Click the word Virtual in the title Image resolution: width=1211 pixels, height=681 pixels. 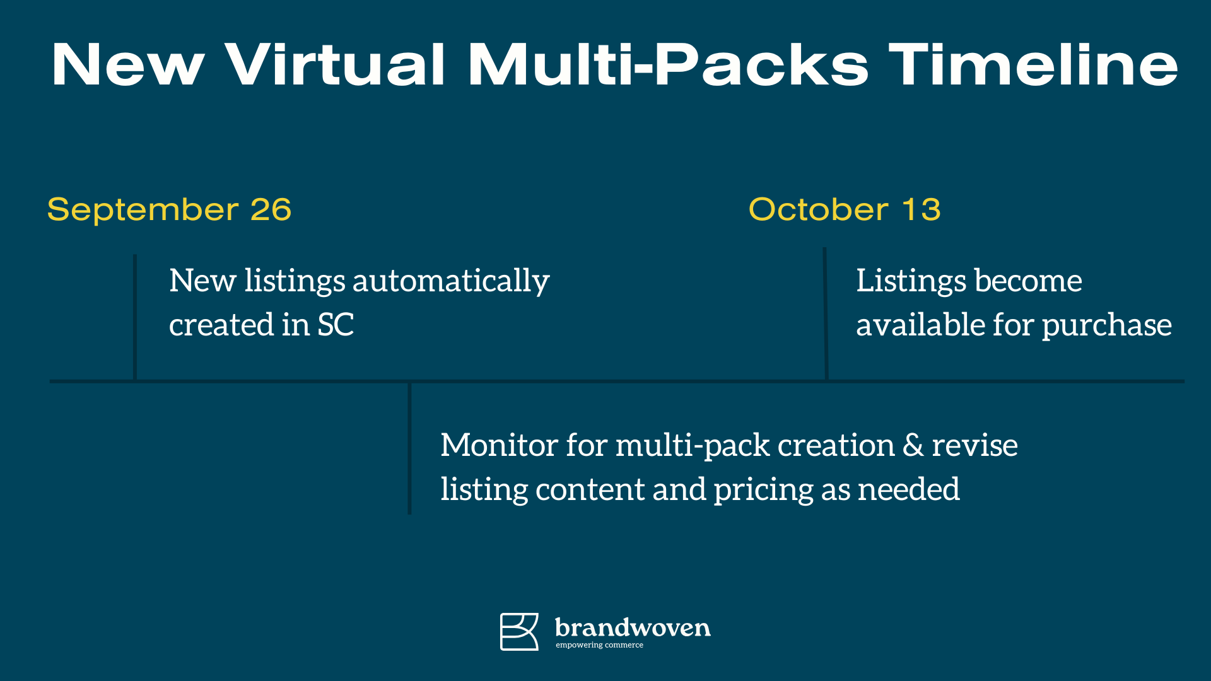tap(336, 64)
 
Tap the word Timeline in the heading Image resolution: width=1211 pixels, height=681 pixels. tap(1033, 64)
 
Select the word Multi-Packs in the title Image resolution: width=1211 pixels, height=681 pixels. tap(668, 64)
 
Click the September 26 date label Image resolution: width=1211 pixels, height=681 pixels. tap(169, 209)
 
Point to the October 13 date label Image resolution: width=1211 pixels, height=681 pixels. tap(845, 209)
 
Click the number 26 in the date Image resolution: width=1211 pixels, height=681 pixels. tap(271, 209)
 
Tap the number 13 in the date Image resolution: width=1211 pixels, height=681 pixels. tap(921, 209)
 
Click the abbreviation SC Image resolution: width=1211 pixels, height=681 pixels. tap(336, 325)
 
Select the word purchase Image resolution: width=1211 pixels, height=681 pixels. tap(1106, 326)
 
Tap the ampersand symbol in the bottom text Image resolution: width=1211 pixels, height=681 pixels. tap(913, 445)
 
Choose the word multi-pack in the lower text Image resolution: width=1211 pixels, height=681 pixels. tap(693, 446)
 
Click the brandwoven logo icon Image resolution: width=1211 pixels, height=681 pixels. tap(519, 631)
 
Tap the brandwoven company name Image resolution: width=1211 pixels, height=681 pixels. tap(633, 627)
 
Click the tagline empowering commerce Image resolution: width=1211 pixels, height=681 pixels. tap(599, 645)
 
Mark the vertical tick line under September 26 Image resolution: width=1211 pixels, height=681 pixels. tap(135, 317)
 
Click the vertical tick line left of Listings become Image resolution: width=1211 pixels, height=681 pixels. tap(825, 313)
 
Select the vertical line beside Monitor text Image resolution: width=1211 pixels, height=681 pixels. tap(410, 448)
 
